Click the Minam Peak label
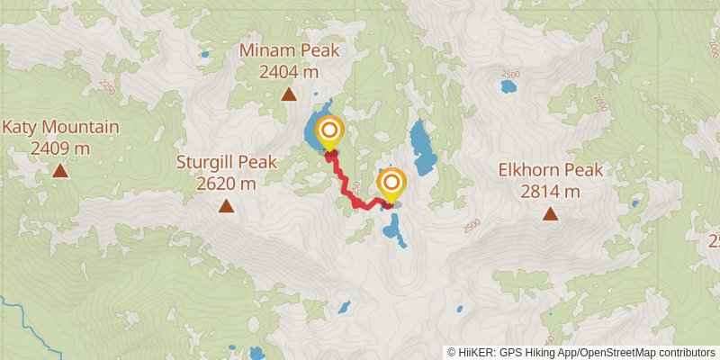click(288, 51)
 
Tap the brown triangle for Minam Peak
click(289, 94)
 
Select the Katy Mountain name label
click(59, 127)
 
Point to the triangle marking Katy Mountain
click(59, 170)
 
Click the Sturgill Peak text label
click(226, 163)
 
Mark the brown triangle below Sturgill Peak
click(226, 207)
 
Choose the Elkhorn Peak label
click(549, 169)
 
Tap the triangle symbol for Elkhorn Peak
click(549, 213)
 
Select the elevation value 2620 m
click(226, 184)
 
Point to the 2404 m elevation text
click(288, 72)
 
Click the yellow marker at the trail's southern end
click(391, 184)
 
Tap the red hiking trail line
click(346, 184)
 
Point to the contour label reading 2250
click(109, 86)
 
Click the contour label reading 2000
click(602, 105)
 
